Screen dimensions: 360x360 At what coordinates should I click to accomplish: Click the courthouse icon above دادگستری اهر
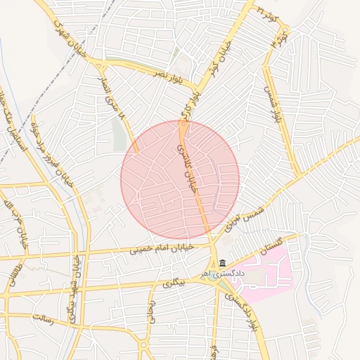[222, 262]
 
